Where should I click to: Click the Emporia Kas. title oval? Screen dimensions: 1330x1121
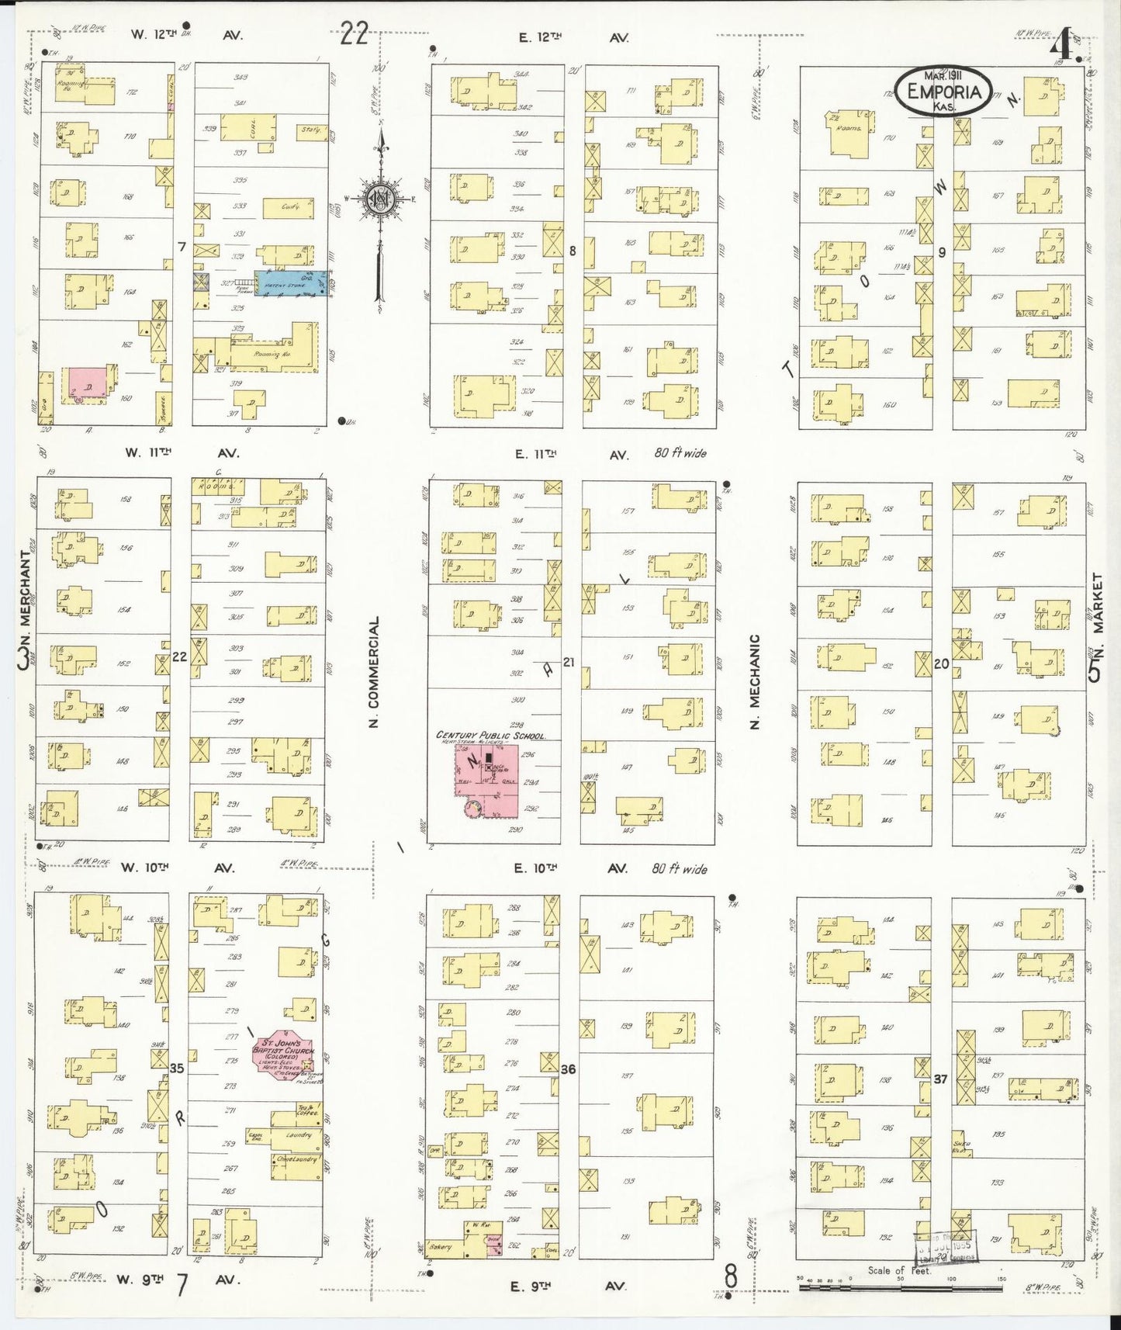(x=943, y=92)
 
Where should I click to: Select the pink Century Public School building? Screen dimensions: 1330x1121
(x=487, y=781)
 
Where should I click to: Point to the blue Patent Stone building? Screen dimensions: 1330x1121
(x=290, y=284)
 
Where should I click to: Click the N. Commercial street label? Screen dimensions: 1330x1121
(x=374, y=672)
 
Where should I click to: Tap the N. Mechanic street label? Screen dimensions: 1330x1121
(x=755, y=681)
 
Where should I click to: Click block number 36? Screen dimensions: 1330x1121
(x=568, y=1069)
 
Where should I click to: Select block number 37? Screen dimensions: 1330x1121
(x=940, y=1079)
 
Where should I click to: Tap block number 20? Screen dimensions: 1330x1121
(x=941, y=663)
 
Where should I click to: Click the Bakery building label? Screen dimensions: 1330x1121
(x=440, y=1247)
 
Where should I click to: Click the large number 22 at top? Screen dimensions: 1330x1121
(x=354, y=34)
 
